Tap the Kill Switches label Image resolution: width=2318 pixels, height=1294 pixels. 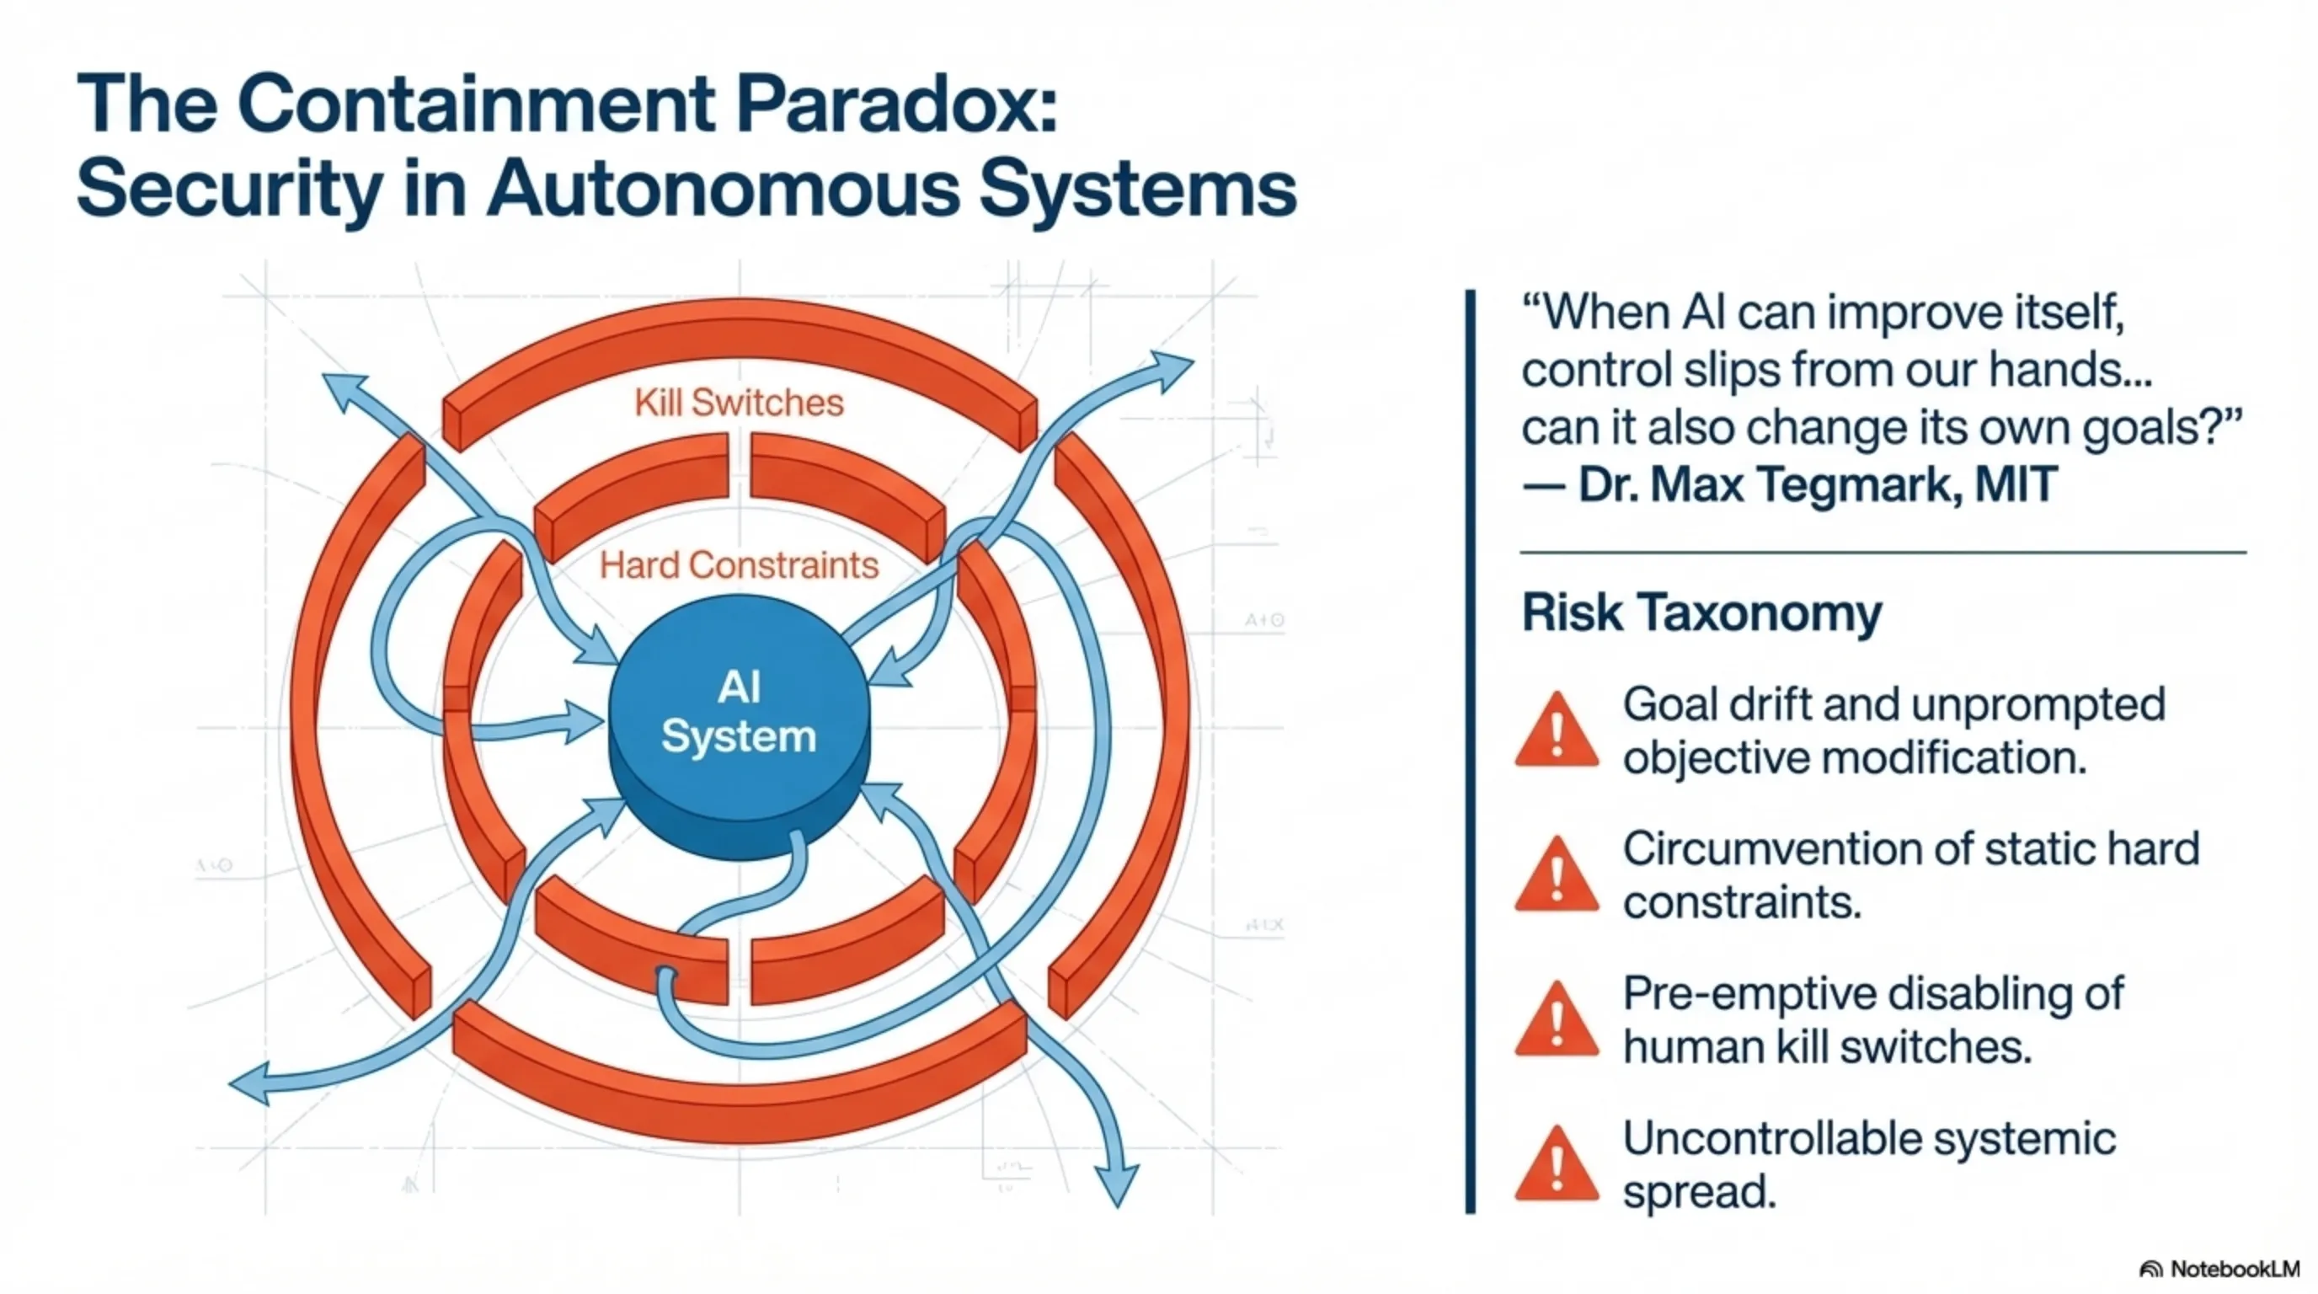click(739, 402)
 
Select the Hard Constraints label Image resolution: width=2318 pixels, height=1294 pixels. click(739, 565)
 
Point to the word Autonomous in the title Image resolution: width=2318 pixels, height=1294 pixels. click(724, 188)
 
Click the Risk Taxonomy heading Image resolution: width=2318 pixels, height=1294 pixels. click(1701, 612)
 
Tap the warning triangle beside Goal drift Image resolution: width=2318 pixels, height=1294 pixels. click(1557, 731)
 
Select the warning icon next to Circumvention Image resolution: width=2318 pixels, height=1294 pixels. click(1557, 876)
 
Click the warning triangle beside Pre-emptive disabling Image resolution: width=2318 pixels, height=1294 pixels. click(1557, 1021)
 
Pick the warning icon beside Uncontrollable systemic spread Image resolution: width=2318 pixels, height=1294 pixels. click(1557, 1166)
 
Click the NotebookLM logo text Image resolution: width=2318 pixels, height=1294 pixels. click(2235, 1269)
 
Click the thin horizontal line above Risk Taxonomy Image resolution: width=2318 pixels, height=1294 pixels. click(1883, 552)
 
